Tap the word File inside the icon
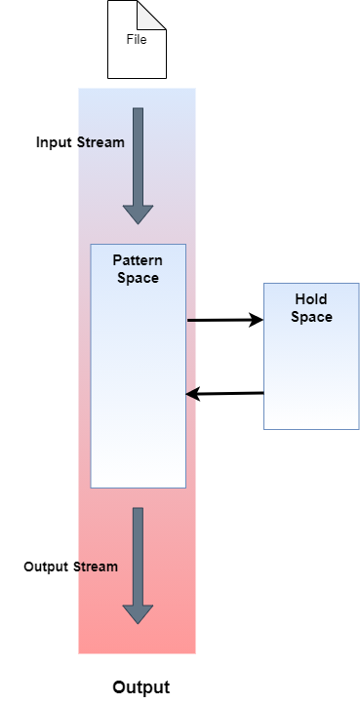click(x=137, y=40)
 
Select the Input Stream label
click(x=80, y=142)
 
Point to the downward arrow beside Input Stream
click(x=138, y=161)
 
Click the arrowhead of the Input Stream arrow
click(x=138, y=215)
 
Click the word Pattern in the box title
click(x=138, y=261)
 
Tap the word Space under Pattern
click(x=138, y=278)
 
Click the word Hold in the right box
click(x=311, y=300)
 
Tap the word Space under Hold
click(x=311, y=317)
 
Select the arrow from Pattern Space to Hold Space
click(x=224, y=320)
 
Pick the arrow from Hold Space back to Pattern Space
click(x=224, y=394)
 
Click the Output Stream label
click(x=70, y=567)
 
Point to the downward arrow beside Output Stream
click(x=138, y=556)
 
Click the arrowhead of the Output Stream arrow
click(x=138, y=613)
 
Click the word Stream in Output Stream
click(x=96, y=567)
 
